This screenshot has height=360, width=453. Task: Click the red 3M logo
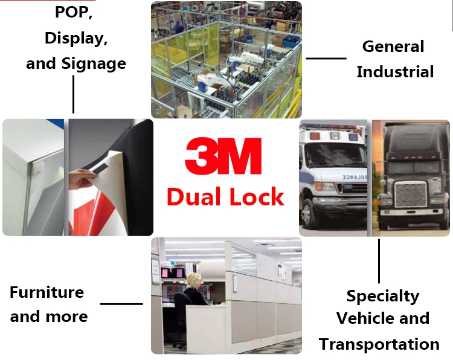pos(223,156)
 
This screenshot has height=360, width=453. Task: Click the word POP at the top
pos(73,13)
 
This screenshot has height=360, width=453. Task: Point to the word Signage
pos(94,64)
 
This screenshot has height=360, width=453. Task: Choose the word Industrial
pos(395,72)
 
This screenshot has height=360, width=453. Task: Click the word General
pos(393,47)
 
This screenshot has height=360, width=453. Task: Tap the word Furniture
pos(47,292)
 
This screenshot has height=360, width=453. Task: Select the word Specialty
pos(383,297)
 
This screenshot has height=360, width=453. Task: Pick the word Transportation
pos(379,344)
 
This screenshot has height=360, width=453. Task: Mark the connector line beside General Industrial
pos(326,59)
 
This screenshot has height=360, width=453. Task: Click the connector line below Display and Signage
pos(73,94)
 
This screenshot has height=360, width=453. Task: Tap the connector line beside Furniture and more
pos(121,304)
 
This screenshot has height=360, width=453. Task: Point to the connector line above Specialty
pos(379,261)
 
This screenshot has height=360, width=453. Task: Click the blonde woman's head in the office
pos(194,280)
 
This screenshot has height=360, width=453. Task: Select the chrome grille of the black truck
pos(411,194)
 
